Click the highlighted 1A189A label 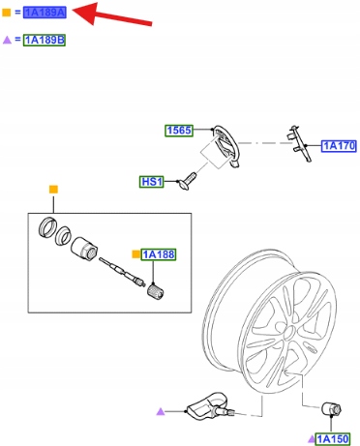pyautogui.click(x=45, y=13)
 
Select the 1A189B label pyautogui.click(x=45, y=40)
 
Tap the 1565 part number pyautogui.click(x=179, y=131)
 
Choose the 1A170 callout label pyautogui.click(x=339, y=146)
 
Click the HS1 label pyautogui.click(x=152, y=182)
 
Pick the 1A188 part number pyautogui.click(x=159, y=254)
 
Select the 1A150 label pyautogui.click(x=332, y=439)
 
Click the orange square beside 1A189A pyautogui.click(x=7, y=13)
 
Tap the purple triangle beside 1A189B pyautogui.click(x=7, y=40)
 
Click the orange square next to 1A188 pyautogui.click(x=136, y=254)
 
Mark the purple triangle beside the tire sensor pyautogui.click(x=161, y=411)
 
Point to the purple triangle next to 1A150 pyautogui.click(x=311, y=439)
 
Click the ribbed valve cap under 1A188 pyautogui.click(x=156, y=291)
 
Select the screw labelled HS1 pyautogui.click(x=187, y=181)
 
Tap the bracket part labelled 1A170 pyautogui.click(x=299, y=144)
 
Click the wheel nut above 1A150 pyautogui.click(x=331, y=409)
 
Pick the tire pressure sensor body pyautogui.click(x=203, y=405)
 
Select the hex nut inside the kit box pyautogui.click(x=84, y=249)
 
